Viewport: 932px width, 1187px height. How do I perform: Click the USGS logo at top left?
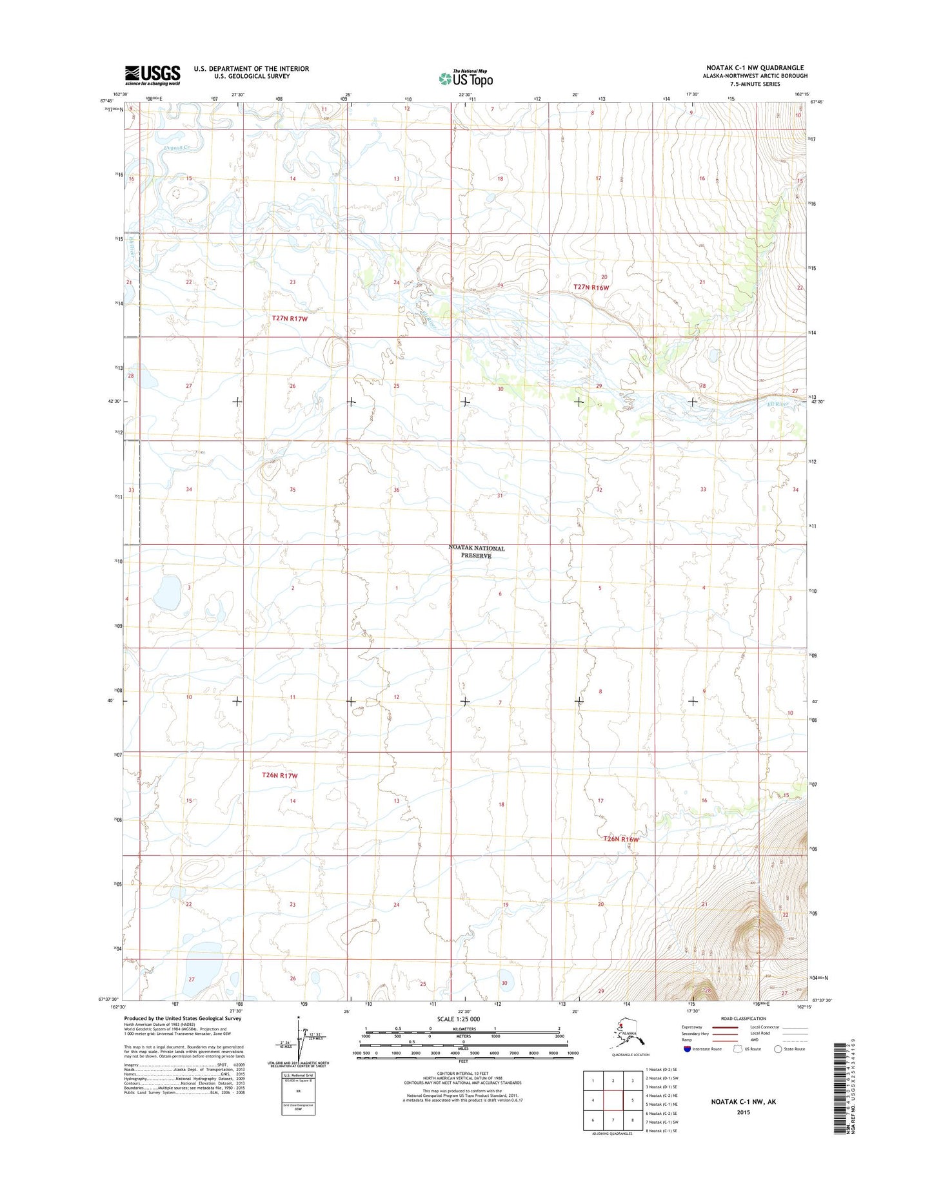152,75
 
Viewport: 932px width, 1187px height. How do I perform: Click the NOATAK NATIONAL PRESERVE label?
477,552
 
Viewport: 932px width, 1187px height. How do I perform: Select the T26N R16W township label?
620,839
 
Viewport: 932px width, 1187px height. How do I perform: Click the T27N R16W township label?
591,287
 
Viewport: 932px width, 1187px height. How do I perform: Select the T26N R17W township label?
280,775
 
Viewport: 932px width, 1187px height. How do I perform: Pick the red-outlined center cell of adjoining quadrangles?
613,1100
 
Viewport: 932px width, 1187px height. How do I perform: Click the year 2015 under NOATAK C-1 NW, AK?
743,1112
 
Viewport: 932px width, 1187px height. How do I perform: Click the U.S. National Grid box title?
298,1076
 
